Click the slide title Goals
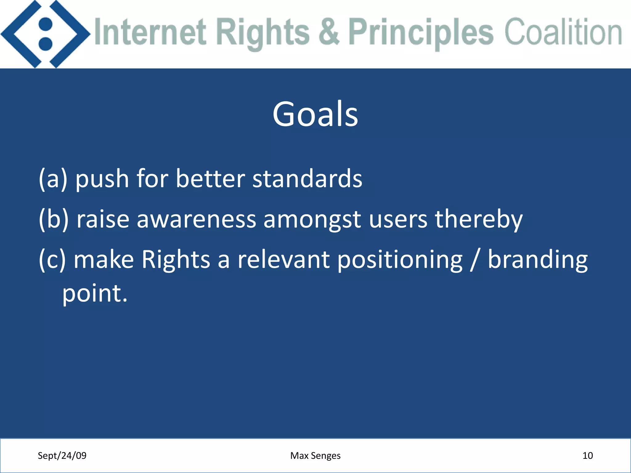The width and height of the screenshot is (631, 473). click(315, 115)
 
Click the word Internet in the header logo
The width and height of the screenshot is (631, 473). click(150, 32)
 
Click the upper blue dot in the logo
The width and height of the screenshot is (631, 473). click(46, 24)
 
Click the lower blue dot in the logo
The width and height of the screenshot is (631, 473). click(46, 44)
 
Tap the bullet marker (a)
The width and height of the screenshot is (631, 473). click(53, 179)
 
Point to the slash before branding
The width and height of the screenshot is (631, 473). click(475, 260)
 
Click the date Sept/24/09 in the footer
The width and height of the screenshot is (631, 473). click(62, 455)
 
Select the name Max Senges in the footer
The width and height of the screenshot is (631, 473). click(315, 455)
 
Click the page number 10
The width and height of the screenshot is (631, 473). click(588, 455)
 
